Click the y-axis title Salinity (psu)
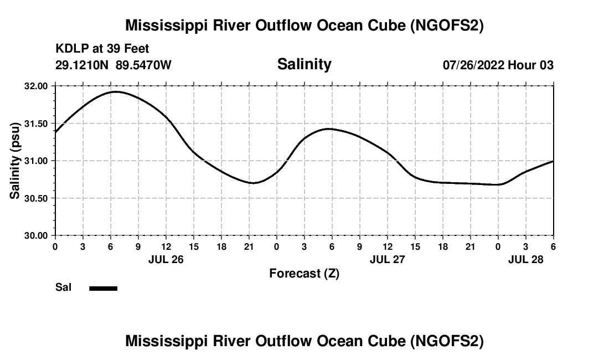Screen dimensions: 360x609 15,161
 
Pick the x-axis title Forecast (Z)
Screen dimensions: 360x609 304,274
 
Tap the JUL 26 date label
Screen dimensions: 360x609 166,259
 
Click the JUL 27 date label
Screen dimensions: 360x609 387,259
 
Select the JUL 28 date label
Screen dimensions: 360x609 525,259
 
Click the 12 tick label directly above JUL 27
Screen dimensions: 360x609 387,246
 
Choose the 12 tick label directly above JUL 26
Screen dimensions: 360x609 166,246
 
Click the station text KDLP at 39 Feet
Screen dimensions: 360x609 102,49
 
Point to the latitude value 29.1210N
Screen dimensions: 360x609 82,65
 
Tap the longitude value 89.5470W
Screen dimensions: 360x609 143,65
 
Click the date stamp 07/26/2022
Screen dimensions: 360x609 473,65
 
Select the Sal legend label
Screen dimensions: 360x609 63,288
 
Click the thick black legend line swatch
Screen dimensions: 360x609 104,288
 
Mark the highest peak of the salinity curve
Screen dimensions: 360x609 115,92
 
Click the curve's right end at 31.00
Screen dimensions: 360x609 553,161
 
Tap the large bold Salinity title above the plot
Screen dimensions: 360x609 304,64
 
